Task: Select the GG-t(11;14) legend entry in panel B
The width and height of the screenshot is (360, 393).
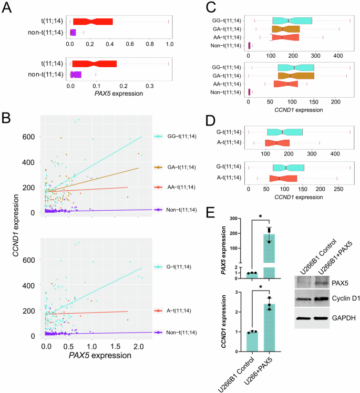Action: (x=179, y=136)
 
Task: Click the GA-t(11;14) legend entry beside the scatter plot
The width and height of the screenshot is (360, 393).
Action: (x=179, y=167)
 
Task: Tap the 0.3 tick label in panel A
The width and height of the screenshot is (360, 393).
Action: (x=149, y=83)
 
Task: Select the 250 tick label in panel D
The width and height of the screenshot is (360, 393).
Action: (x=338, y=188)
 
